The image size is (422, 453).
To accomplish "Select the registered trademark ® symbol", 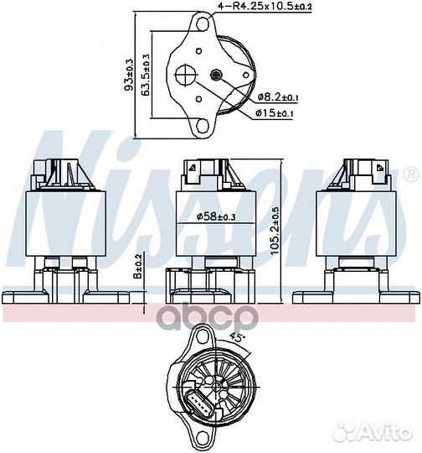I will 410,174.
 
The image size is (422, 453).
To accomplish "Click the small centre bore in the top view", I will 218,74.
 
